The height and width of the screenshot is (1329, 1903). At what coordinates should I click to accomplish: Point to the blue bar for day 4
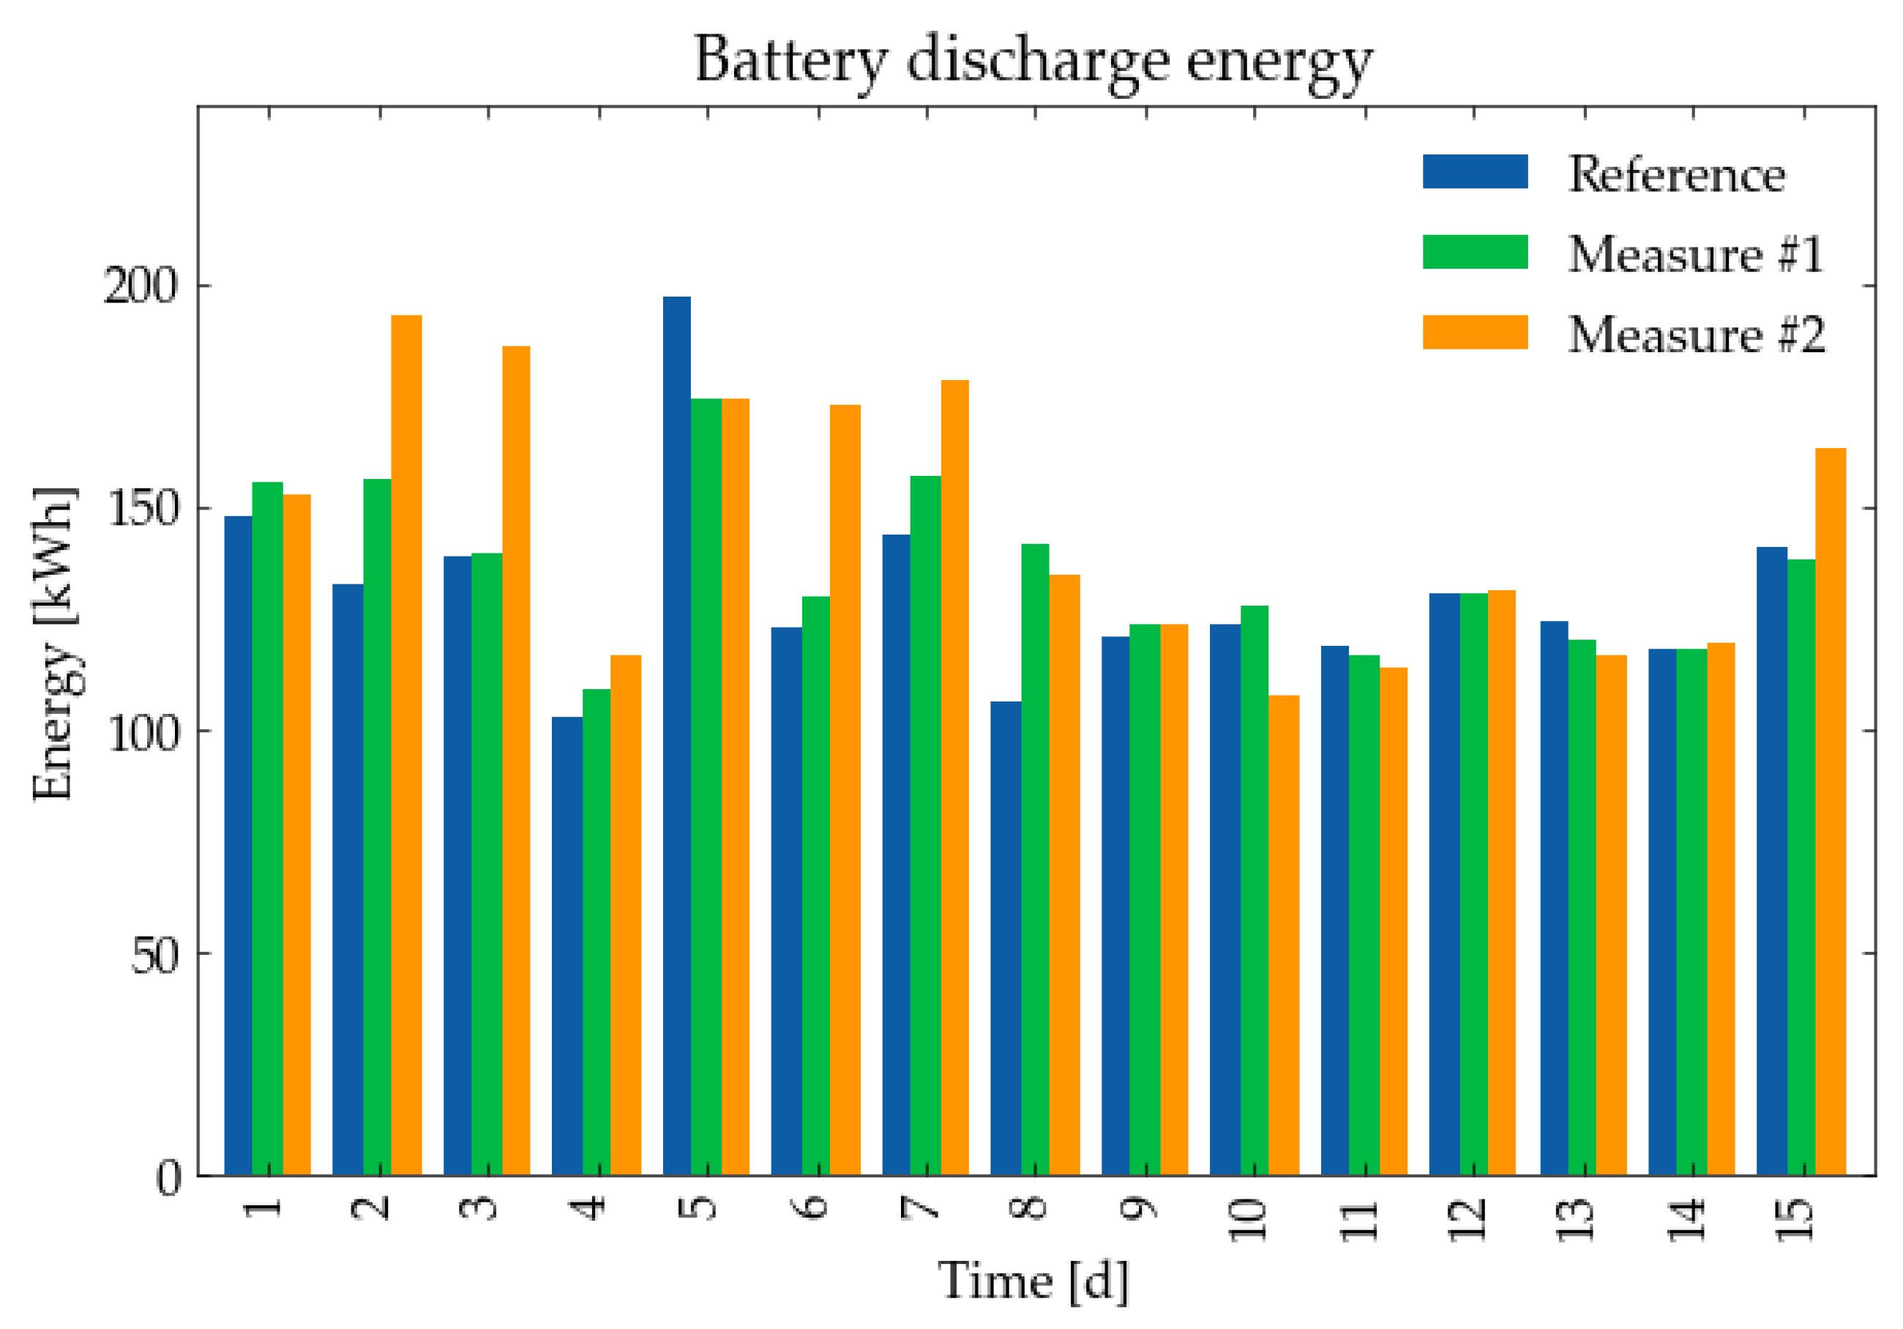tap(567, 945)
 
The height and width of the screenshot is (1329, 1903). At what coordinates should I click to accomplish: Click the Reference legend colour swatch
tap(1475, 171)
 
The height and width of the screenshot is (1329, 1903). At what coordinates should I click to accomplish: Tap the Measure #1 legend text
tap(1694, 253)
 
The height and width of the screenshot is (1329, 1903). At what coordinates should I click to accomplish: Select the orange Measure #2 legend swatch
tap(1475, 332)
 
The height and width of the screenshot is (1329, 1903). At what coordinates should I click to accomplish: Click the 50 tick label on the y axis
tap(154, 956)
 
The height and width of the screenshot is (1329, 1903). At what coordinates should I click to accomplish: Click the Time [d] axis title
tap(1033, 1281)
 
